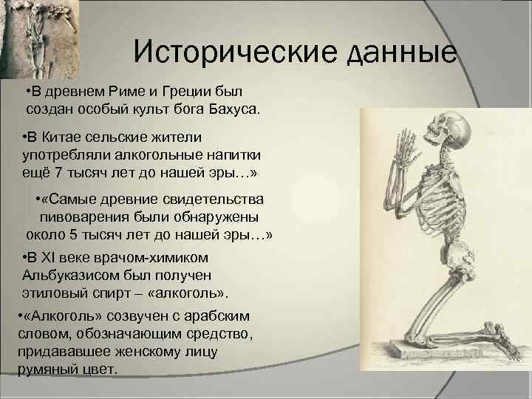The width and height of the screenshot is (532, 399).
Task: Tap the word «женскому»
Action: tap(166, 352)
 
